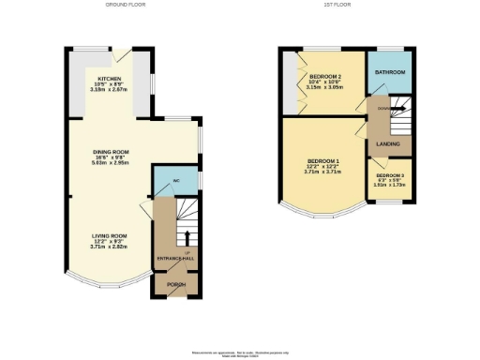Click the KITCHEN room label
tap(110, 77)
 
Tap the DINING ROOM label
tap(110, 151)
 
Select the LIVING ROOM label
tap(110, 235)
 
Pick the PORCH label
tap(175, 283)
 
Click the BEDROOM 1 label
tap(322, 160)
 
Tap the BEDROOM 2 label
tap(324, 76)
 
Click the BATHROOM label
tap(390, 72)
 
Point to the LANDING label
tap(388, 143)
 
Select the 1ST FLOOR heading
tap(335, 6)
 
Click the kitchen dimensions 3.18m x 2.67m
tap(110, 89)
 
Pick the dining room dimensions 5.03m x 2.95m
tap(110, 163)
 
